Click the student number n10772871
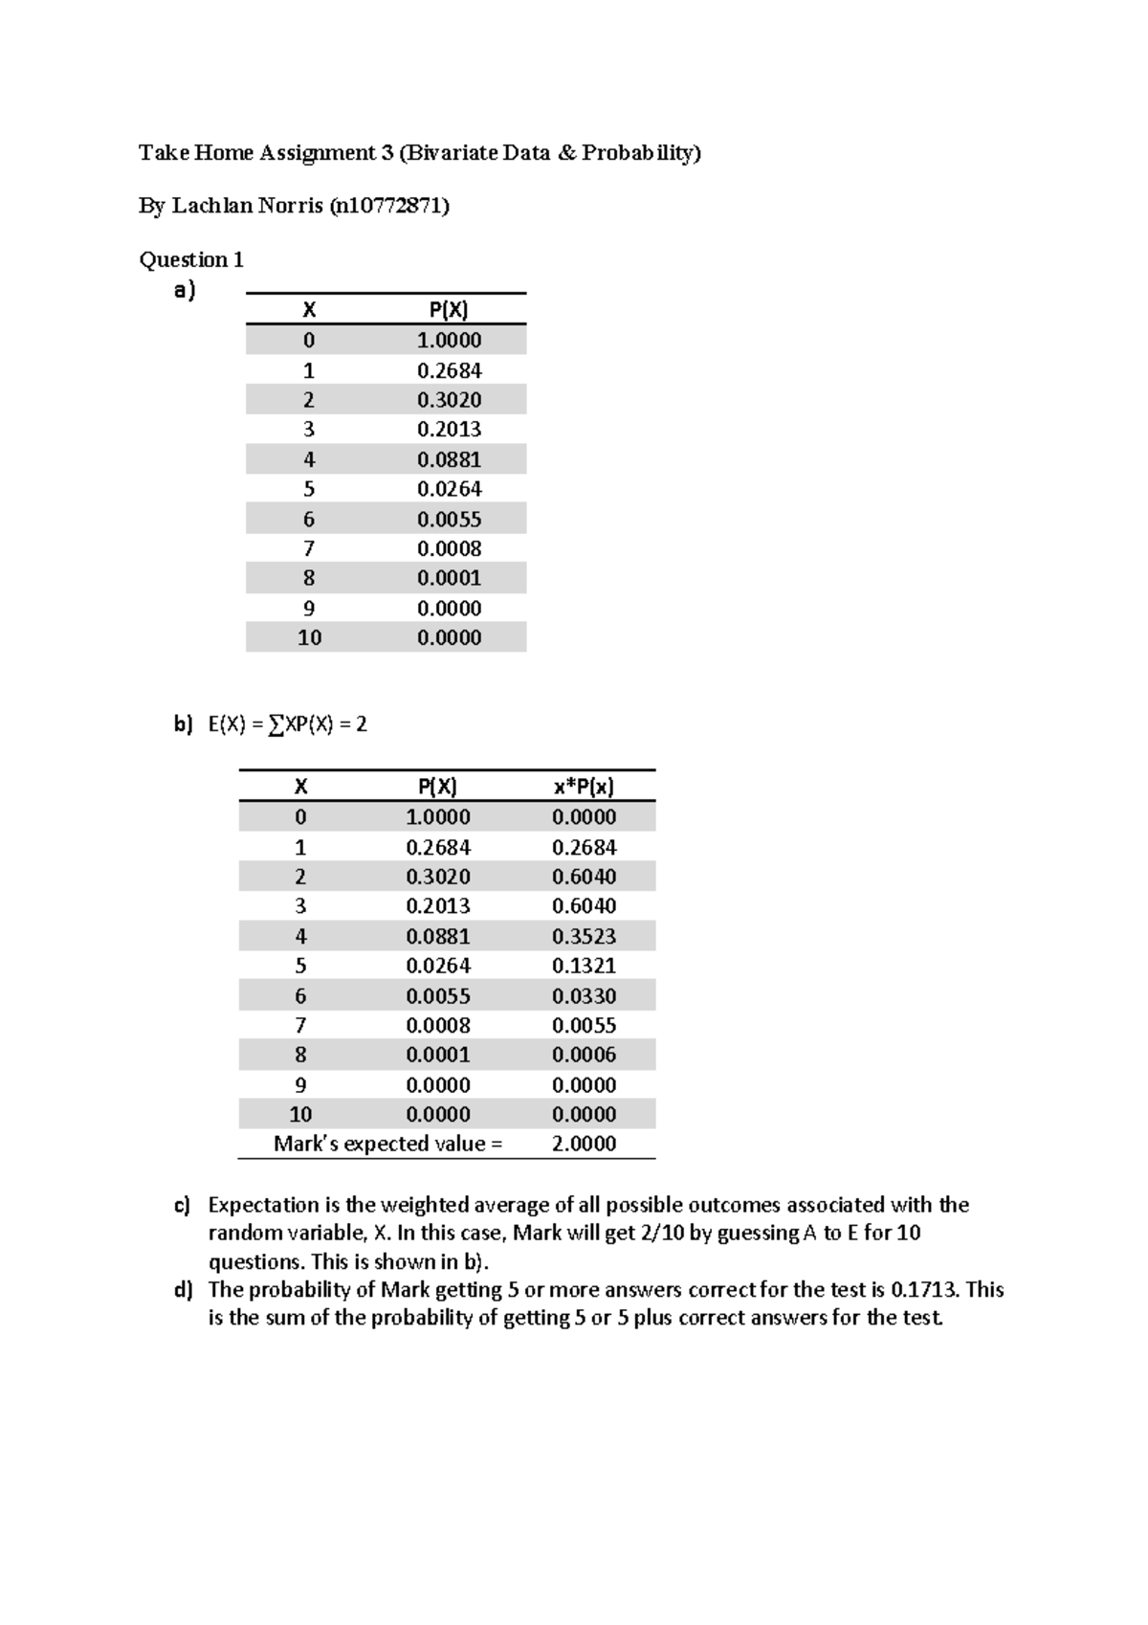click(388, 206)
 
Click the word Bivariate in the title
click(452, 153)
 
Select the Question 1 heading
click(191, 259)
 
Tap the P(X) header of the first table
click(449, 309)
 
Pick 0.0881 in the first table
click(449, 459)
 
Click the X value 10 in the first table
click(309, 637)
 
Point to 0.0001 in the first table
click(449, 578)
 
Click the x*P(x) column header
click(584, 787)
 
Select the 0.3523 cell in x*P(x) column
click(584, 936)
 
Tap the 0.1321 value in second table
click(584, 966)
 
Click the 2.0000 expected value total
click(584, 1144)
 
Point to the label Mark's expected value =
click(387, 1144)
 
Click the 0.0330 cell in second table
click(584, 996)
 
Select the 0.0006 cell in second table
click(584, 1055)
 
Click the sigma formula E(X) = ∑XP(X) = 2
click(287, 724)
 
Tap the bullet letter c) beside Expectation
click(183, 1205)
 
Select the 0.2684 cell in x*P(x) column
click(584, 847)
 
